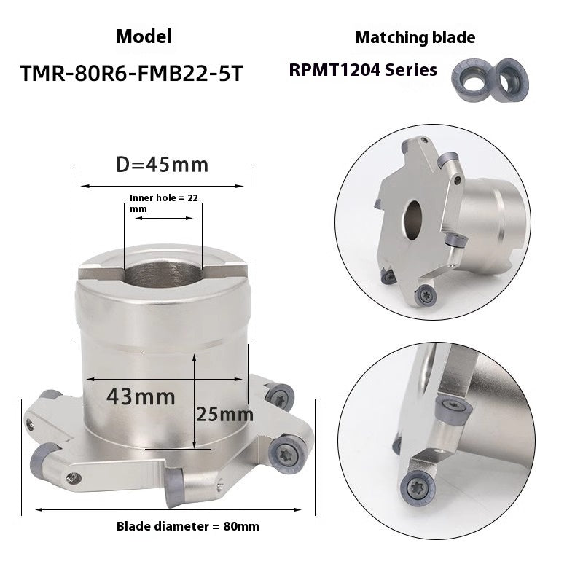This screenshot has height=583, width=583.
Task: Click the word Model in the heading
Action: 144,36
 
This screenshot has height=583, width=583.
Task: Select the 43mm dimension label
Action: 140,397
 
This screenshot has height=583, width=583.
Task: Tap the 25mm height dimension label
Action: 225,415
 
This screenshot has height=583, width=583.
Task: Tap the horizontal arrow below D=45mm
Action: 162,187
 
